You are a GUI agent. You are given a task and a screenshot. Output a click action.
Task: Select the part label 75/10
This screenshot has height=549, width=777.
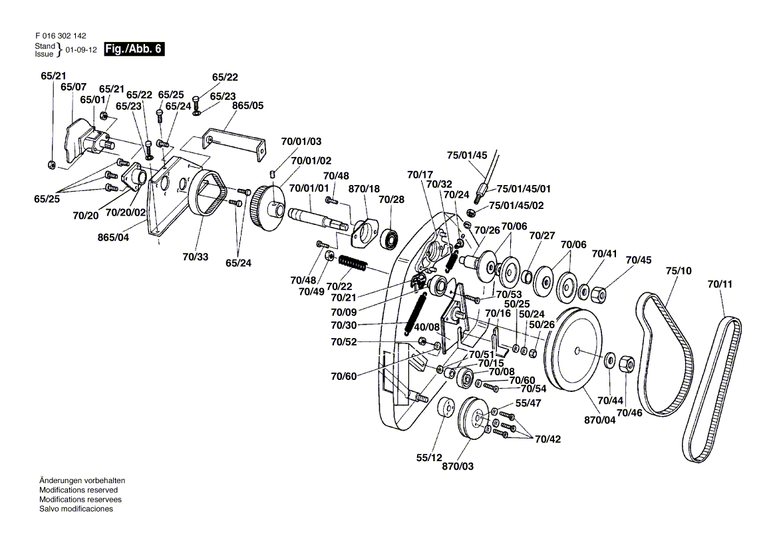tap(679, 271)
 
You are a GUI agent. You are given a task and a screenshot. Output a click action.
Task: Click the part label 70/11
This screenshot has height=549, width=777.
tap(720, 284)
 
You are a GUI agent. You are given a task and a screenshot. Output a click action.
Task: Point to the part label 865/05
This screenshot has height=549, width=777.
tap(247, 105)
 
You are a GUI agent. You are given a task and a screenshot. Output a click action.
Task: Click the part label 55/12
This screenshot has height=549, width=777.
tap(429, 458)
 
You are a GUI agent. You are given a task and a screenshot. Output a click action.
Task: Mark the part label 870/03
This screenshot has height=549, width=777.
tap(458, 466)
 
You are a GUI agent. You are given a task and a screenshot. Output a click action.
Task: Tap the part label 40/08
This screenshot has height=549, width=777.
tap(427, 327)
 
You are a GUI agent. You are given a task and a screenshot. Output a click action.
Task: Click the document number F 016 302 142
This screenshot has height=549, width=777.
tap(61, 36)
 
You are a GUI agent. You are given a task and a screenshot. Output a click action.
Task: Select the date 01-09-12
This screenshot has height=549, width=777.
tap(81, 50)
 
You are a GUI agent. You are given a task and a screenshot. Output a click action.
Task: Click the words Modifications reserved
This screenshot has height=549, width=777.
tap(78, 490)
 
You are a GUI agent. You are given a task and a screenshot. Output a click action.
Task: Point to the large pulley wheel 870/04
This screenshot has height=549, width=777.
tap(577, 350)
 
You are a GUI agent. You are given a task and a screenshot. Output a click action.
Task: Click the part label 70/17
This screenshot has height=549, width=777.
tap(418, 175)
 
